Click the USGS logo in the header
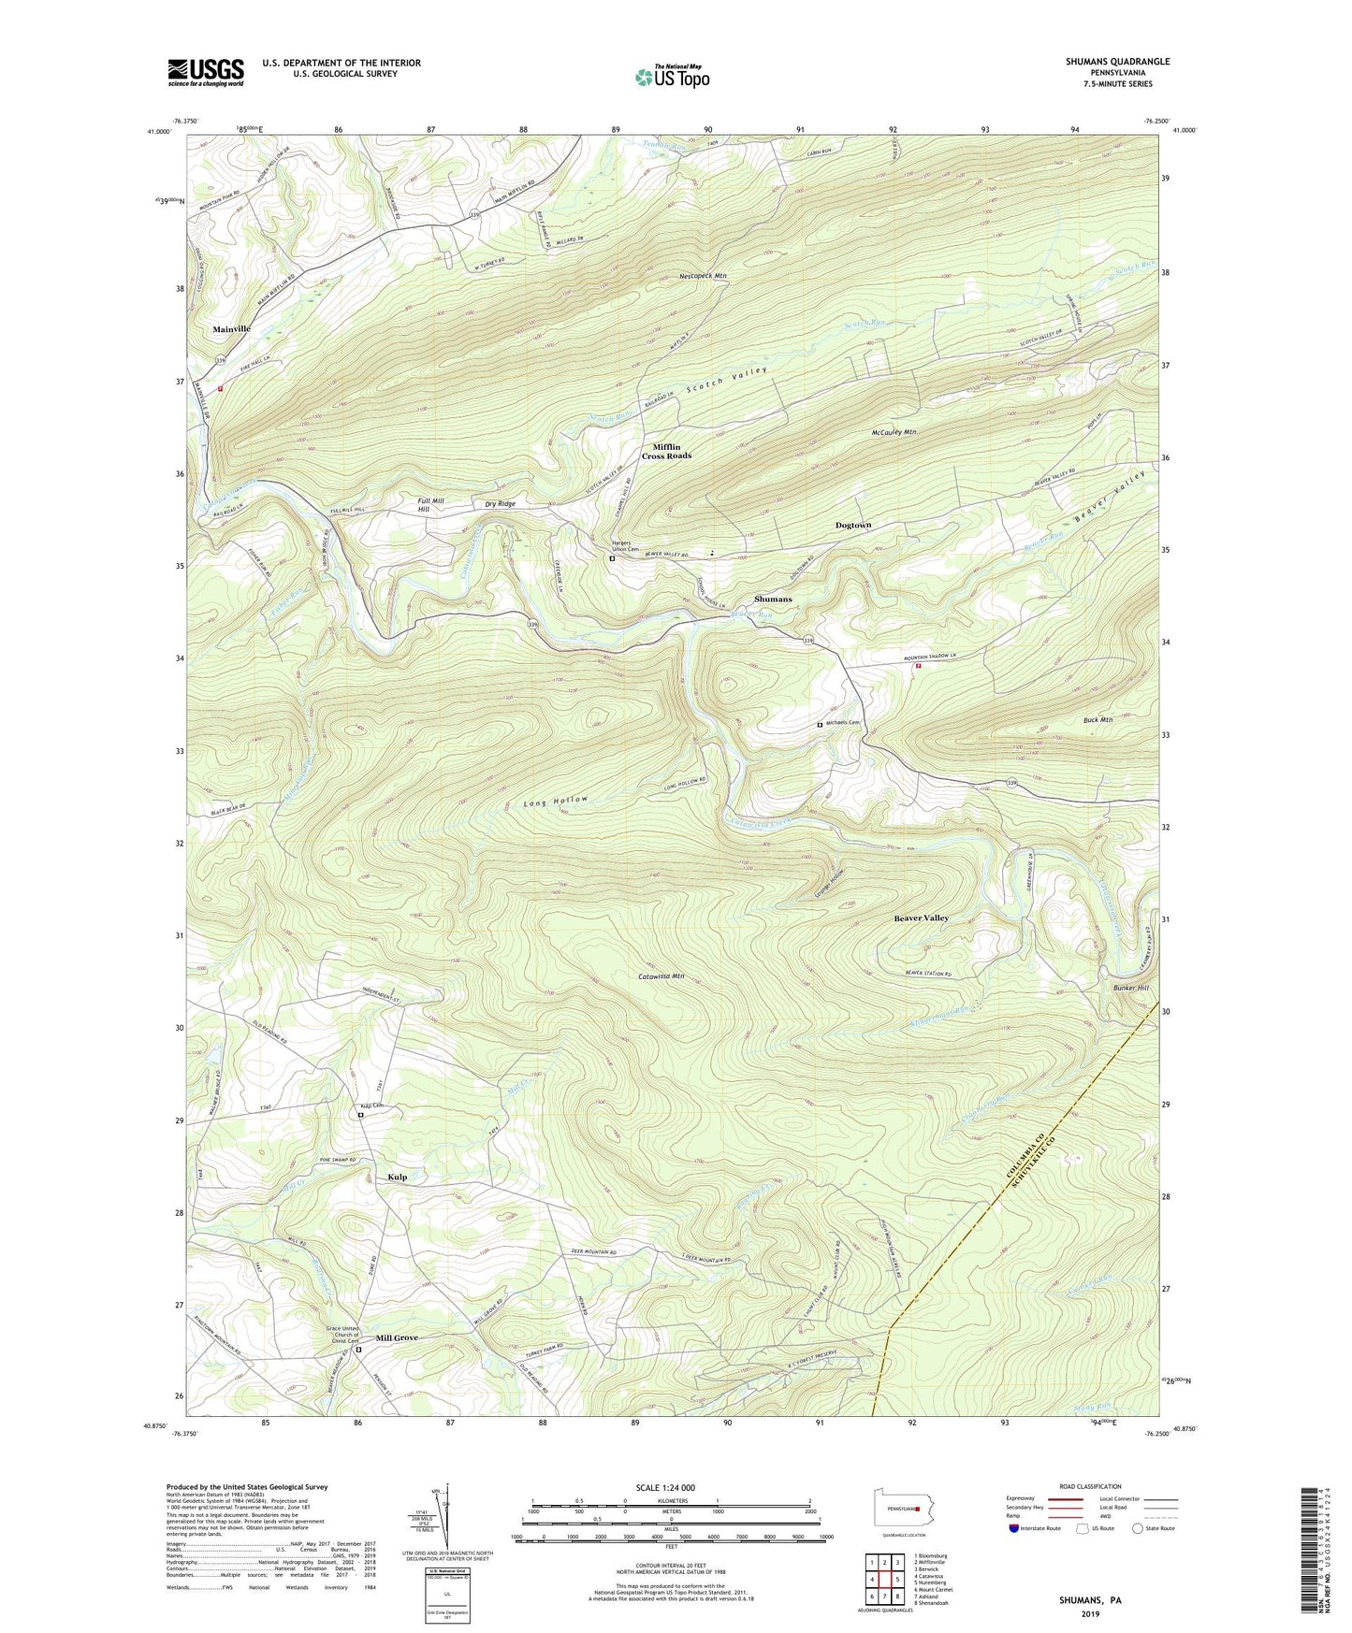coord(206,71)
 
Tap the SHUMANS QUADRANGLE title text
coord(1117,62)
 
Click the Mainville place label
coord(231,329)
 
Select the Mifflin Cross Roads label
coord(666,451)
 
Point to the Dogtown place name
coord(852,526)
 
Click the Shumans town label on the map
coord(773,599)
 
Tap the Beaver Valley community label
coord(921,918)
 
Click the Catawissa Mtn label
coord(661,975)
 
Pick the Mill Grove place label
coord(397,1338)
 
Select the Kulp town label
coord(397,1177)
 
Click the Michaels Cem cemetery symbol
coord(820,724)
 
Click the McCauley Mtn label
coord(893,432)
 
